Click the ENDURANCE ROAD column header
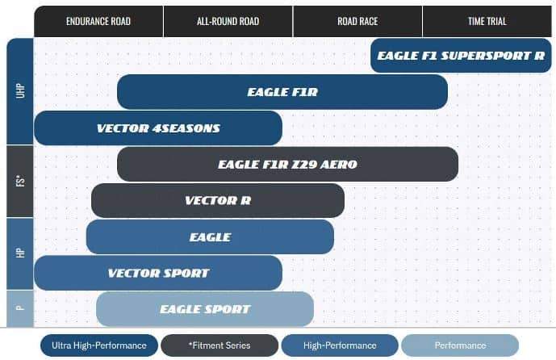pos(98,21)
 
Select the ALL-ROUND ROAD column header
pos(228,21)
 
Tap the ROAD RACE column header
pos(357,21)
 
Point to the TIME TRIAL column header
pos(487,21)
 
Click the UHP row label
pos(20,91)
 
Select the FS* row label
pos(20,182)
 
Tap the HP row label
pos(20,253)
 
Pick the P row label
pos(20,308)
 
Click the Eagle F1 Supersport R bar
pos(461,56)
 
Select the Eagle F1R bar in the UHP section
pos(282,92)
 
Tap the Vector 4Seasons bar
pos(158,128)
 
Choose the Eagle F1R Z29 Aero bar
pos(287,164)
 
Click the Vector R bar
pos(218,200)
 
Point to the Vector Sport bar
pos(158,273)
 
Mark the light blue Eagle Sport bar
pos(205,309)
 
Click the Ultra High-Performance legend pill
pos(99,345)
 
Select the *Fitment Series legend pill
pos(219,345)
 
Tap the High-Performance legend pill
pos(340,345)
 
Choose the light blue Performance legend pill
pos(460,345)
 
